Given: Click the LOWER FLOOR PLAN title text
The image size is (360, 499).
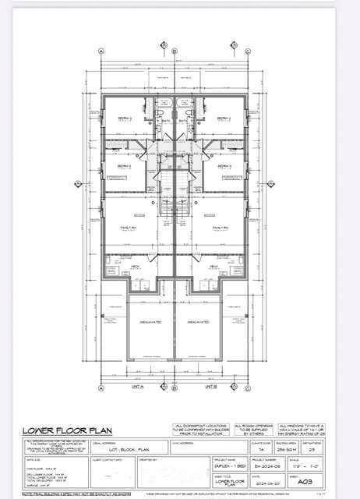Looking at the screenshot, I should (x=59, y=429).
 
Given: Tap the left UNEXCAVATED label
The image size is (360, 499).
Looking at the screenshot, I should (x=150, y=321).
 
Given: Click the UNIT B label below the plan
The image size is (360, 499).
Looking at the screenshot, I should (x=209, y=385).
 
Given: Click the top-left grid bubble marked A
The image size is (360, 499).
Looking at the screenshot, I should (x=102, y=51).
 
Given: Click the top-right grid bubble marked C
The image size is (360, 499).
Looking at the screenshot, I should (x=247, y=51).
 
